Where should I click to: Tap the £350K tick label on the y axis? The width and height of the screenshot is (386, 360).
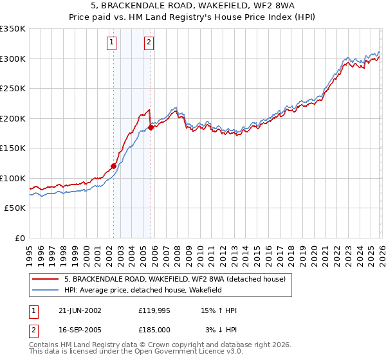pyautogui.click(x=13, y=29)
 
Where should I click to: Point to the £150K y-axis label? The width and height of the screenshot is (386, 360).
pyautogui.click(x=13, y=148)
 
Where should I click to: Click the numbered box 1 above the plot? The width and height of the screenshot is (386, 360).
pyautogui.click(x=112, y=42)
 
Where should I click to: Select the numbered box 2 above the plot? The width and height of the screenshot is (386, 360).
pyautogui.click(x=149, y=42)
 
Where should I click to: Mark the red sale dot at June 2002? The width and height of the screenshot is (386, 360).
pyautogui.click(x=114, y=166)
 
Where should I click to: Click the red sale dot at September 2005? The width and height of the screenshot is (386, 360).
pyautogui.click(x=151, y=127)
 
